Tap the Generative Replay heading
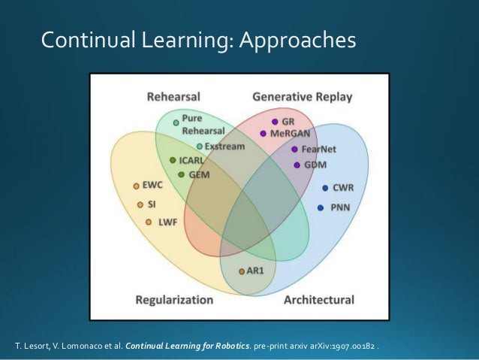click(x=302, y=97)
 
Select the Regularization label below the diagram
click(x=174, y=300)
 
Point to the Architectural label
click(x=318, y=300)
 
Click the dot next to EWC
click(x=136, y=186)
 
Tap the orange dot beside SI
click(x=140, y=204)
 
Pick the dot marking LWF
click(x=149, y=222)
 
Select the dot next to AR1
click(x=241, y=271)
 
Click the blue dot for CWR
click(x=325, y=188)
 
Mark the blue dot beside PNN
click(x=321, y=207)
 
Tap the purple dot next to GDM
click(x=297, y=165)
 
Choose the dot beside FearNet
click(x=294, y=149)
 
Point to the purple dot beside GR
click(x=275, y=121)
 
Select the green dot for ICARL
click(x=173, y=160)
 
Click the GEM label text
click(x=199, y=174)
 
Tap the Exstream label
click(x=224, y=147)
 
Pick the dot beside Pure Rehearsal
click(x=176, y=122)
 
